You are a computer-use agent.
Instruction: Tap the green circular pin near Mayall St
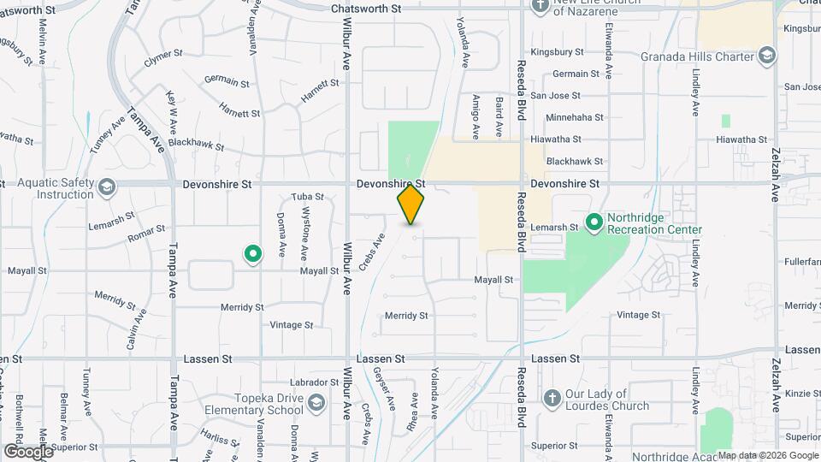[x=253, y=253]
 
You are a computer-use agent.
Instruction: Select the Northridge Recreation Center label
[x=654, y=224]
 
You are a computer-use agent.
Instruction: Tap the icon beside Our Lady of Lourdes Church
[x=552, y=399]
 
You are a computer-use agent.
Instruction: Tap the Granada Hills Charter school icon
[x=767, y=57]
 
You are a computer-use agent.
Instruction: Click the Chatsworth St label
[x=366, y=9]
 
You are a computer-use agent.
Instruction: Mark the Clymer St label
[x=163, y=57]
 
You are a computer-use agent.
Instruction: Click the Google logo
[x=28, y=451]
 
